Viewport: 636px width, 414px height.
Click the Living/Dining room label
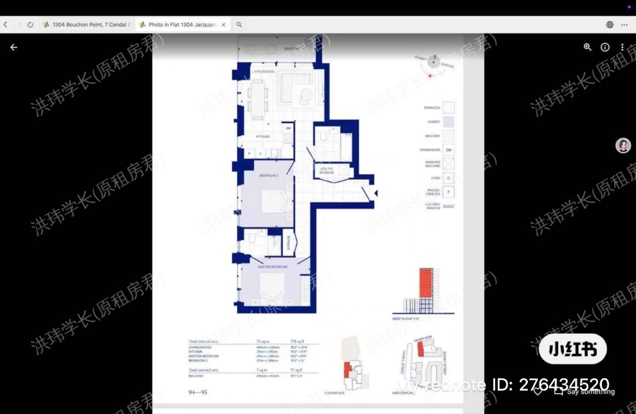264,71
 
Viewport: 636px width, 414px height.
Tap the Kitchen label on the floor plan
263,136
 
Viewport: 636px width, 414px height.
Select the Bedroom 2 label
269,175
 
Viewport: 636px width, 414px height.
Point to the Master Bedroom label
272,267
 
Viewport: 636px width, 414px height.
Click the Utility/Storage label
327,171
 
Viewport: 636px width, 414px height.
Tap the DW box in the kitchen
288,128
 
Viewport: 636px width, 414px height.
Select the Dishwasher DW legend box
448,150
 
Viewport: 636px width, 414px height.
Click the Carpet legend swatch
448,122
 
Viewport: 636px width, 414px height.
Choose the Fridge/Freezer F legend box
448,192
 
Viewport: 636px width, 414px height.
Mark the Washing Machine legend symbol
448,164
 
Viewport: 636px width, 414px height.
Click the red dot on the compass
430,76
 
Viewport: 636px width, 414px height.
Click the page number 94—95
198,393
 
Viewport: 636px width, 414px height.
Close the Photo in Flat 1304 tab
223,25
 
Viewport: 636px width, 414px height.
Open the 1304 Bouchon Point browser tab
87,25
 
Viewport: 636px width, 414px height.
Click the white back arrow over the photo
14,47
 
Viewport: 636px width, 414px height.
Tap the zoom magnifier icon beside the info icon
587,47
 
